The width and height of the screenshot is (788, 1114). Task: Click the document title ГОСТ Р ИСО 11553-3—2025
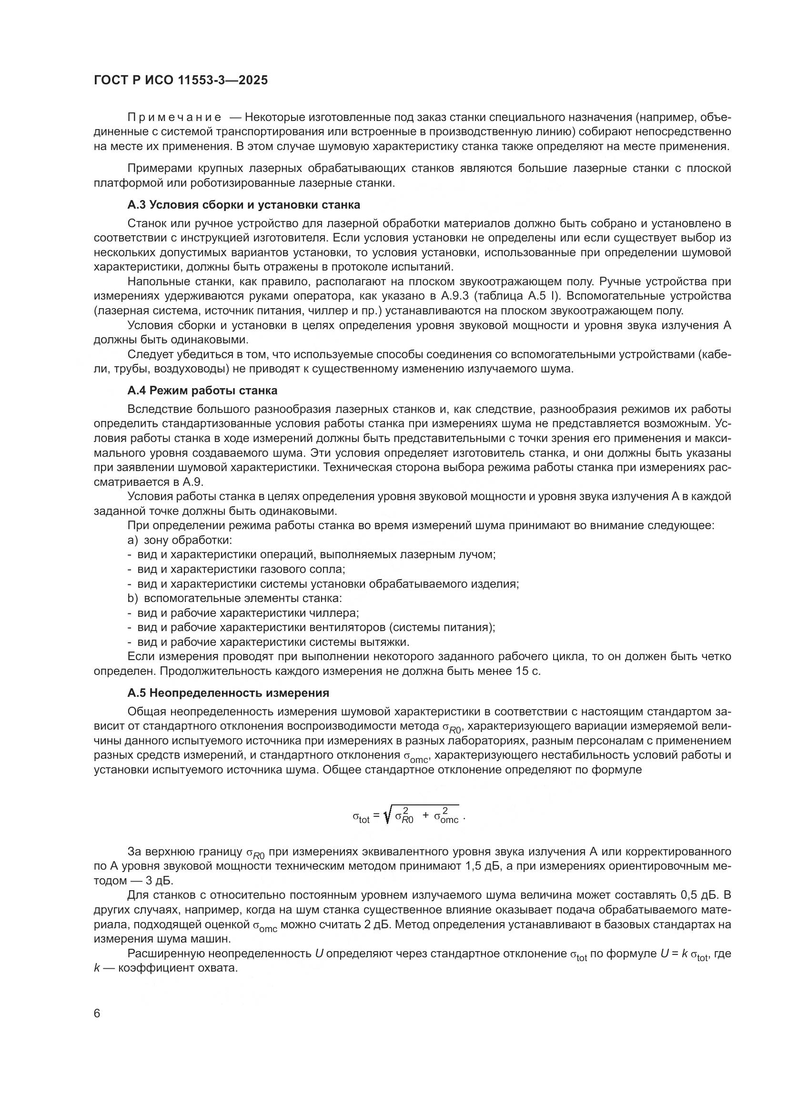pos(181,80)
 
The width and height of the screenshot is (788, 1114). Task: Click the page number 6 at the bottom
pos(97,1014)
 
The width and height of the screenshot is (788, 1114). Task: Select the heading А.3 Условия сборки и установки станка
pos(243,205)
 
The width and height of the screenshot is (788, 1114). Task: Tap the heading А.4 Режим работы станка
pos(202,391)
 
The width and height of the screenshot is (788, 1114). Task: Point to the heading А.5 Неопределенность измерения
pos(228,693)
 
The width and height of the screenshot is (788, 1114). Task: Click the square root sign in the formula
pos(387,817)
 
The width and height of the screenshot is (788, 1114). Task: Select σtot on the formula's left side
pos(361,818)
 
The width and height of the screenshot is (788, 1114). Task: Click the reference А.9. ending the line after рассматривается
pos(193,482)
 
